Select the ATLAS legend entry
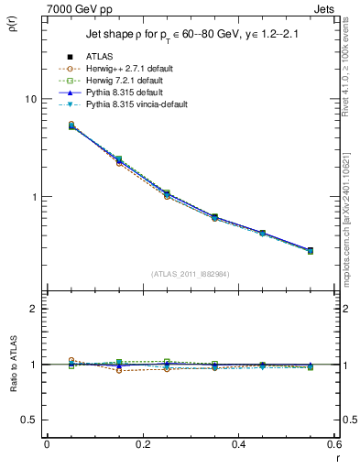click(100, 57)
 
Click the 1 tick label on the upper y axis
click(33, 197)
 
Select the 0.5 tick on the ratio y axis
click(29, 420)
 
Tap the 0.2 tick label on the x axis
click(142, 444)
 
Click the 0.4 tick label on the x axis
click(238, 444)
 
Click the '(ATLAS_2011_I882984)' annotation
click(190, 273)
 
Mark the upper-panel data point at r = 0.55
click(310, 250)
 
